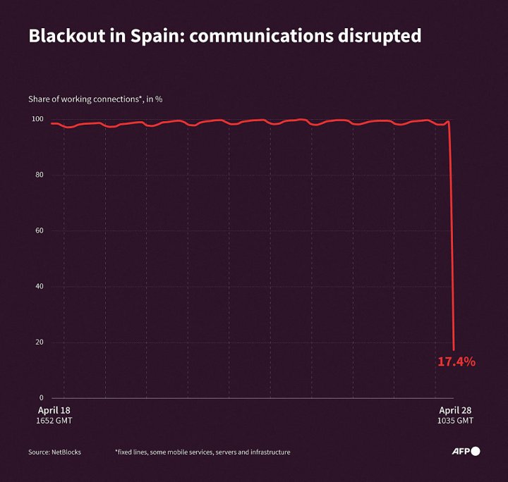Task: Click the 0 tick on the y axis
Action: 41,397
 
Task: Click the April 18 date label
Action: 54,410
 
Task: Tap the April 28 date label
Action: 456,410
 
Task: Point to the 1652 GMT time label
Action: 54,421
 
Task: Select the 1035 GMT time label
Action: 456,421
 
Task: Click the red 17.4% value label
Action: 456,362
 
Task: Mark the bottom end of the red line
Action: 454,349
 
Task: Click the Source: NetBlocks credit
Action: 54,452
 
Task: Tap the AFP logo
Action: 466,451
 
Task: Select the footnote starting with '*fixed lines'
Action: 202,452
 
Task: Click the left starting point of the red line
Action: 51,123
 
